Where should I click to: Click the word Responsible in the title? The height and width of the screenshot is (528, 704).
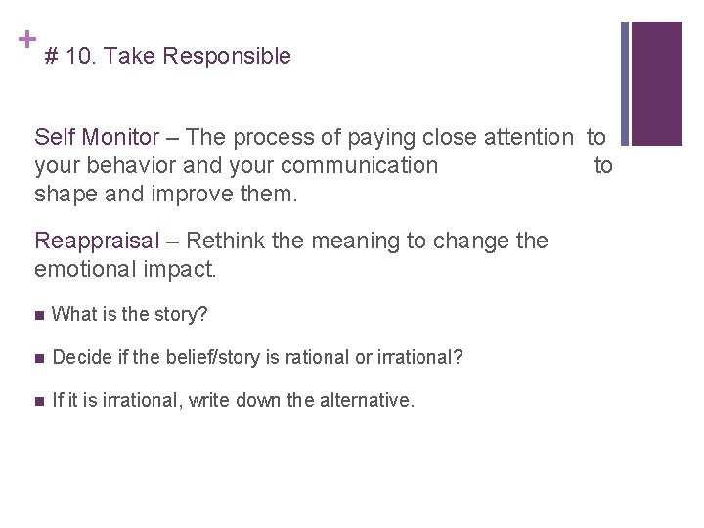coord(227,57)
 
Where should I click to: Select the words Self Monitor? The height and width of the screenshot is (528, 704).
coord(96,137)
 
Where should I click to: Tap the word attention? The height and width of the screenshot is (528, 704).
coord(519,137)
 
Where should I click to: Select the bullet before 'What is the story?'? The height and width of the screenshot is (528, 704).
coord(38,315)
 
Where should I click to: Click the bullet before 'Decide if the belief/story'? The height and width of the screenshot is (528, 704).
coord(38,358)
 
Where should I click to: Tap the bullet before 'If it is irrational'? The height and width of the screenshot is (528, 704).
coord(38,400)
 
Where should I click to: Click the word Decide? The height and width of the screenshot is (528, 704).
coord(78,357)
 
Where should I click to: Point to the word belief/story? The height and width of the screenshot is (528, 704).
coord(212,357)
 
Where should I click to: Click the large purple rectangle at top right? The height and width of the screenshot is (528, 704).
coord(657,83)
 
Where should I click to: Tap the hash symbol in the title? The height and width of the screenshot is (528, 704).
coord(52,57)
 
